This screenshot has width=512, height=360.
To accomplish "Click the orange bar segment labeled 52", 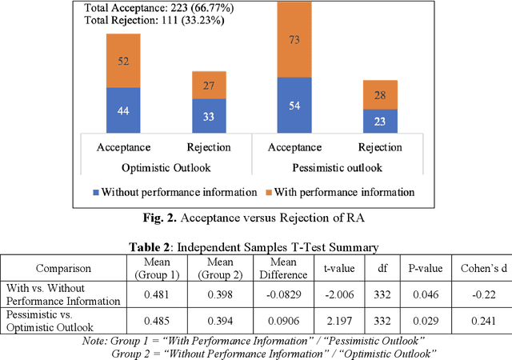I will tap(123, 61).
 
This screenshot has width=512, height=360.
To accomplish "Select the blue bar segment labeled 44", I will tap(123, 110).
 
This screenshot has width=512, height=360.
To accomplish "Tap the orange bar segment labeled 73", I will tap(294, 39).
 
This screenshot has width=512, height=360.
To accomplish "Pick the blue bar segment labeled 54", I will tap(294, 106).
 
